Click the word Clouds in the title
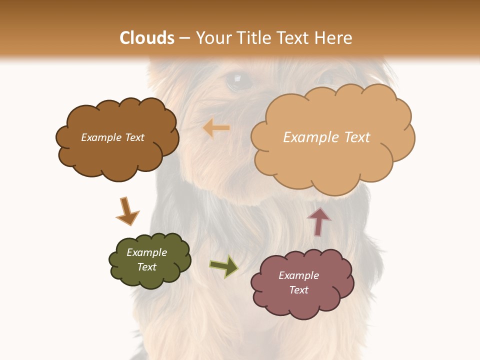tap(147, 38)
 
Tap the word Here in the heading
tap(333, 38)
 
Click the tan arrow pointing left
tap(216, 128)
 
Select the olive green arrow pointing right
tap(223, 266)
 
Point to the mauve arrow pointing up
tap(318, 220)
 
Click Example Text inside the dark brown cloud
tap(112, 137)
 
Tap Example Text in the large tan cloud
tap(326, 137)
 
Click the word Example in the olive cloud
tap(146, 252)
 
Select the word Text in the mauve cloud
tap(298, 290)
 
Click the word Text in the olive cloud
tap(146, 267)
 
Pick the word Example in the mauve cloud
tap(298, 275)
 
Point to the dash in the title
tap(184, 38)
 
